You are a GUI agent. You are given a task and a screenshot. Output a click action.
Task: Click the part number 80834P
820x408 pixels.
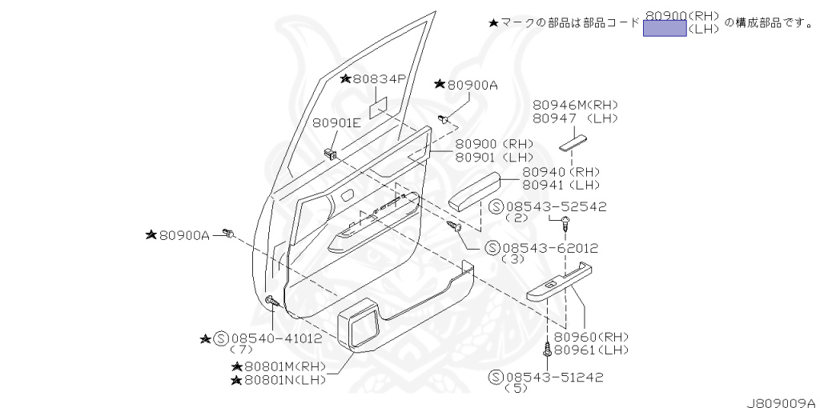coord(380,78)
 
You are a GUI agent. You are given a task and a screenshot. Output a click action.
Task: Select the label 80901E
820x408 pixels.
coord(336,122)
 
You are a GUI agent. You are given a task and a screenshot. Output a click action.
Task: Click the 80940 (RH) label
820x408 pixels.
coord(561,172)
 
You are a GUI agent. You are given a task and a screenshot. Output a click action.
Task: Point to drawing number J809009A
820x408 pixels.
coord(782,402)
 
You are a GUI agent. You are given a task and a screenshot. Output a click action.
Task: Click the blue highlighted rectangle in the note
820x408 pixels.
coord(665,29)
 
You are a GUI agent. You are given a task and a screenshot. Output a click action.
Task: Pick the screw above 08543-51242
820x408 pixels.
coord(546,350)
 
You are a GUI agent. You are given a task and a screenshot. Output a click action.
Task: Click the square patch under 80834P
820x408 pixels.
coord(379,107)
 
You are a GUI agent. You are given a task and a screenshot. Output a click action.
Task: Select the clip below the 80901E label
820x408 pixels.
coord(330,151)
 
